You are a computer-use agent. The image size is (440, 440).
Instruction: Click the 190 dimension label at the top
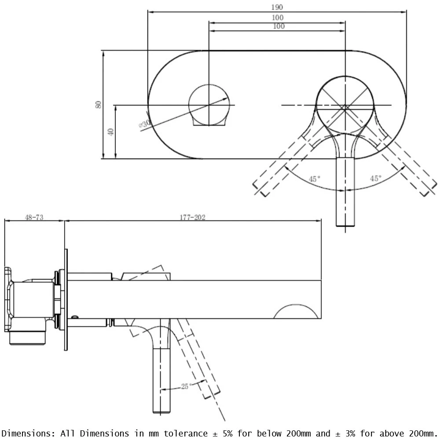277,7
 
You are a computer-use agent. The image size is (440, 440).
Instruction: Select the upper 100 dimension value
278,18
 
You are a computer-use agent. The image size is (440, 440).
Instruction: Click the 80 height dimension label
99,104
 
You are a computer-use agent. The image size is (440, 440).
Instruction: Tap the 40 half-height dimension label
111,132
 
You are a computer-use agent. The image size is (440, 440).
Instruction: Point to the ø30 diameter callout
144,125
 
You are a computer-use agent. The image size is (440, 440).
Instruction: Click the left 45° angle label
314,179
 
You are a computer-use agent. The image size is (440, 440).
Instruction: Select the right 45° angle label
375,178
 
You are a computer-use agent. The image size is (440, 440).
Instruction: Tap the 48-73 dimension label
34,217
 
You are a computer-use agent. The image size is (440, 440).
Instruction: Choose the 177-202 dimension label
192,217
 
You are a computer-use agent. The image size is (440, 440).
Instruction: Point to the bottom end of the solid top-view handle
345,225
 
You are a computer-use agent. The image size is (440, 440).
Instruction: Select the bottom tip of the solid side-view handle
161,411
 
